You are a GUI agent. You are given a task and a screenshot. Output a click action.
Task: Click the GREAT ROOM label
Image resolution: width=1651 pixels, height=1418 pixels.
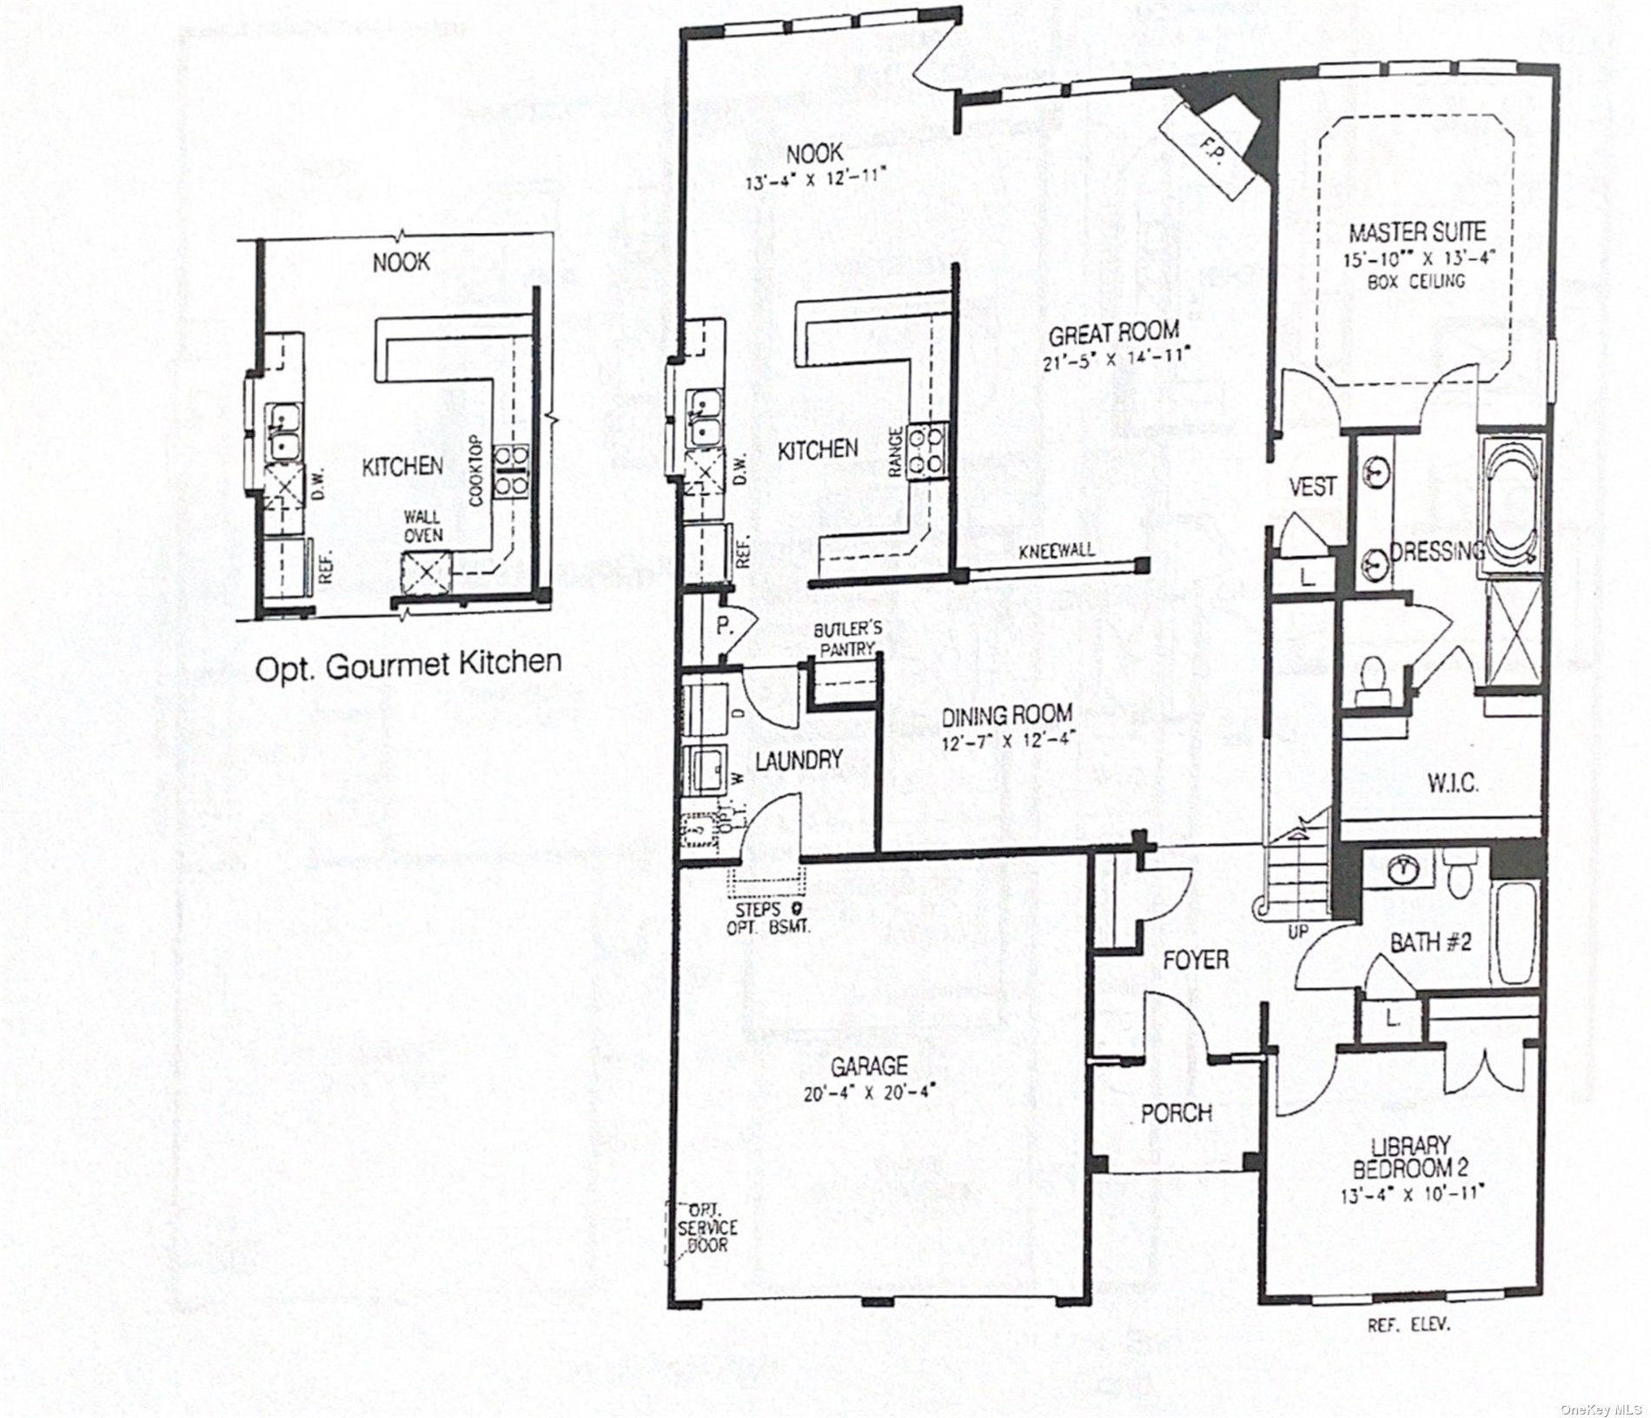pos(1113,332)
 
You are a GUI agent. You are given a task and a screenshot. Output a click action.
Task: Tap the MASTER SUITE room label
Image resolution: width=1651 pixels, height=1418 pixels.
pos(1416,232)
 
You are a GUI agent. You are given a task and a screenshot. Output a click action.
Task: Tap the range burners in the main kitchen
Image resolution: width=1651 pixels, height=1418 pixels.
pos(924,450)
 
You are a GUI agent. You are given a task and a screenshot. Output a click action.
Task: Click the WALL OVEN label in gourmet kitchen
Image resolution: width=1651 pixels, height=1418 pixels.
pos(422,526)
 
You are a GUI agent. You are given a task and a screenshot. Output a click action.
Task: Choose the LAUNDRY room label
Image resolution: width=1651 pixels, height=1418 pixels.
pos(799,759)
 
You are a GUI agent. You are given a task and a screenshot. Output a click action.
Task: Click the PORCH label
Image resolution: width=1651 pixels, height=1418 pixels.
pos(1176,1112)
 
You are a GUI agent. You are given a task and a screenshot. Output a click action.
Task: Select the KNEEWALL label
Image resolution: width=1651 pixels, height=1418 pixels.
pos(1057,550)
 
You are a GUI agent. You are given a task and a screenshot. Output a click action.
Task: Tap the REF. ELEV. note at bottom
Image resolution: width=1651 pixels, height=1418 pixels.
pos(1409,1325)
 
